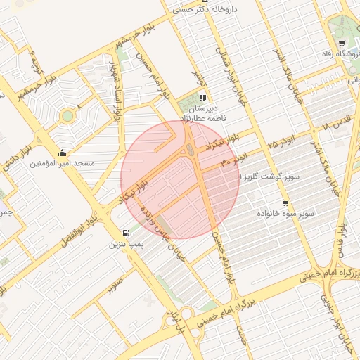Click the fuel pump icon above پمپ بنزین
[x=126, y=233]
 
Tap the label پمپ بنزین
[x=126, y=245]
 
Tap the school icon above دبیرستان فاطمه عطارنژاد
[x=202, y=98]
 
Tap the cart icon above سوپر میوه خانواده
[x=285, y=203]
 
